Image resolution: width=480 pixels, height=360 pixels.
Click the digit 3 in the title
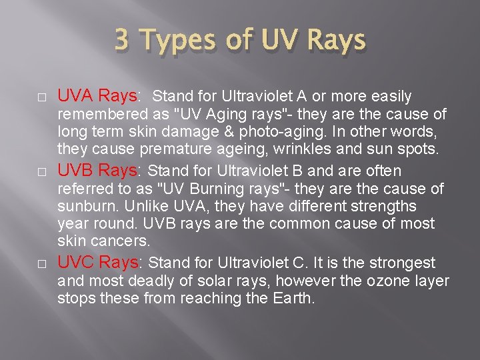click(x=122, y=41)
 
